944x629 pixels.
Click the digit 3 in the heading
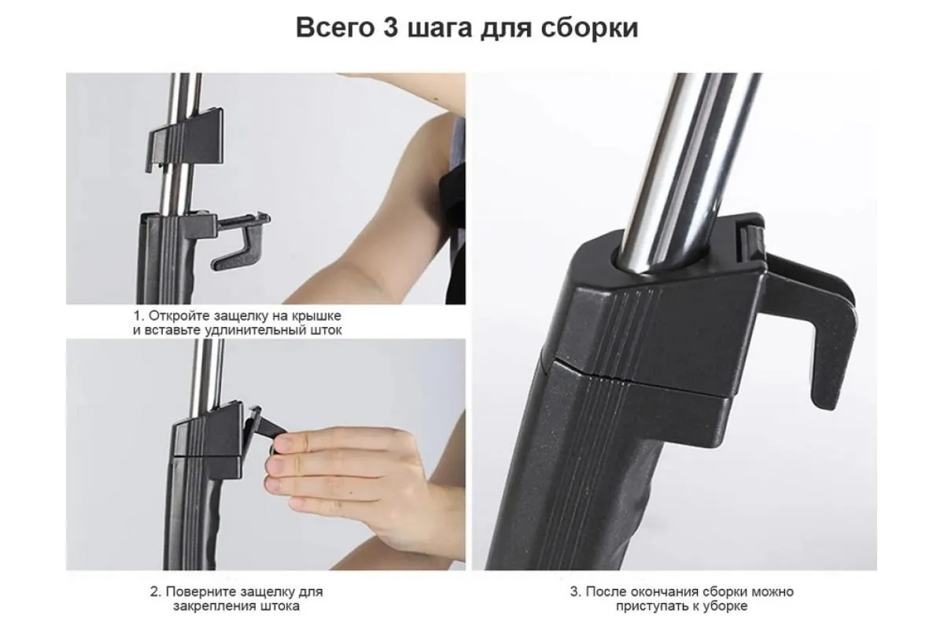tap(390, 28)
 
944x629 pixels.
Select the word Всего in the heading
tap(335, 28)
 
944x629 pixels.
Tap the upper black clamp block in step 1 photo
tap(186, 138)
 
